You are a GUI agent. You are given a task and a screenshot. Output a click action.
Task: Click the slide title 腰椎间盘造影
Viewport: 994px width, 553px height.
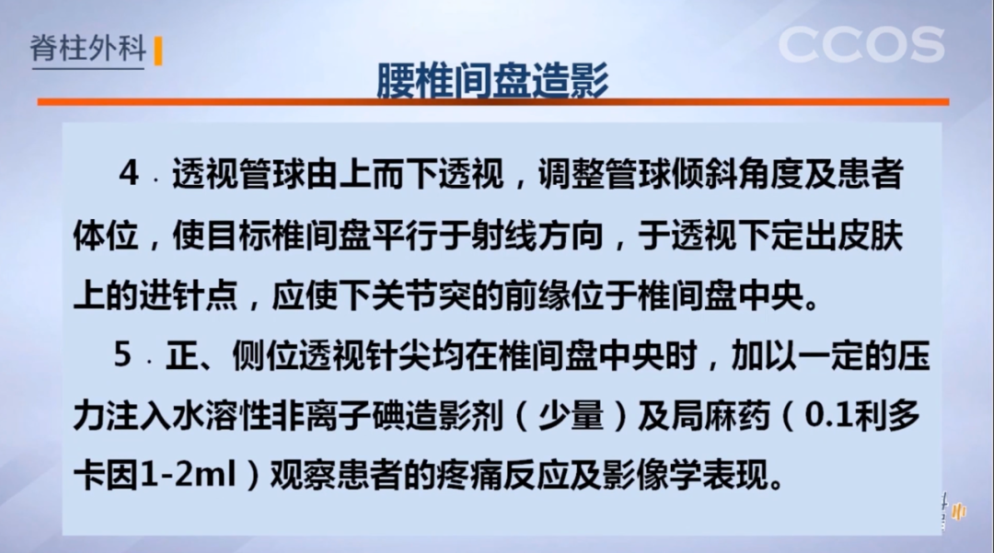pos(491,81)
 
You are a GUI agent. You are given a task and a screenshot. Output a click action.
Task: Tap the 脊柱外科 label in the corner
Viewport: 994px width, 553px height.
pos(88,49)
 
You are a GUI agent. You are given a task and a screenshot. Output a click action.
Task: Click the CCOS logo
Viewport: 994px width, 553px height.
pos(861,45)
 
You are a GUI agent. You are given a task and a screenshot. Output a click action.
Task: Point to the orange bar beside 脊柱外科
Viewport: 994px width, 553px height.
pos(158,52)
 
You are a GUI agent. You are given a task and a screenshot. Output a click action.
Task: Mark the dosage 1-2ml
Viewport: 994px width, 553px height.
pos(185,477)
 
